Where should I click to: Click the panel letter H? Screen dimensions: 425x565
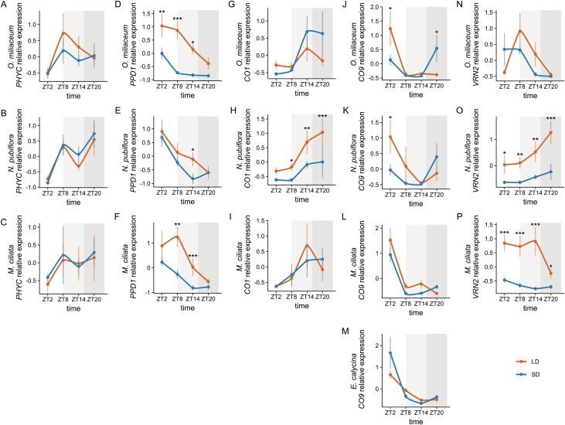[233, 109]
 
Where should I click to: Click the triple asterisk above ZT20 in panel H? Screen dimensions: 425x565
[322, 117]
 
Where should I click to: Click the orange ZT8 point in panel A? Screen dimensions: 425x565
[62, 33]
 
